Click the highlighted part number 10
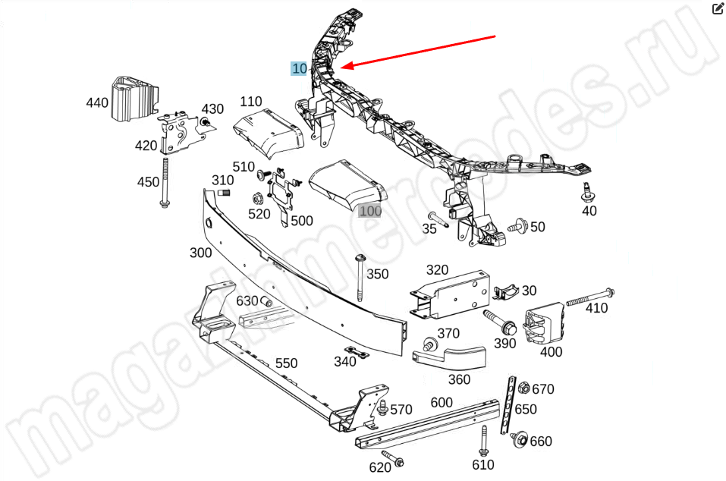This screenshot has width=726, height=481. [300, 68]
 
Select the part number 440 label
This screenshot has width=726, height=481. [97, 103]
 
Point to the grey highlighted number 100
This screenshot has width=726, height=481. [370, 212]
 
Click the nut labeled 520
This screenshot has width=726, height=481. [256, 200]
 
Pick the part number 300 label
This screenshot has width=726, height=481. [200, 253]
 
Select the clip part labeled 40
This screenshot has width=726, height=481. [586, 190]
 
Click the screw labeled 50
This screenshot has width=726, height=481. [520, 225]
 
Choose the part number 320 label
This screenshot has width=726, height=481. [437, 269]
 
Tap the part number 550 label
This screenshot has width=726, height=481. [286, 363]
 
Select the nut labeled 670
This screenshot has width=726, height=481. [523, 389]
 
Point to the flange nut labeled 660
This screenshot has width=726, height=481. [519, 439]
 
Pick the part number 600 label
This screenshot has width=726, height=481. [442, 403]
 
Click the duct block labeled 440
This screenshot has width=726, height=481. [133, 99]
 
